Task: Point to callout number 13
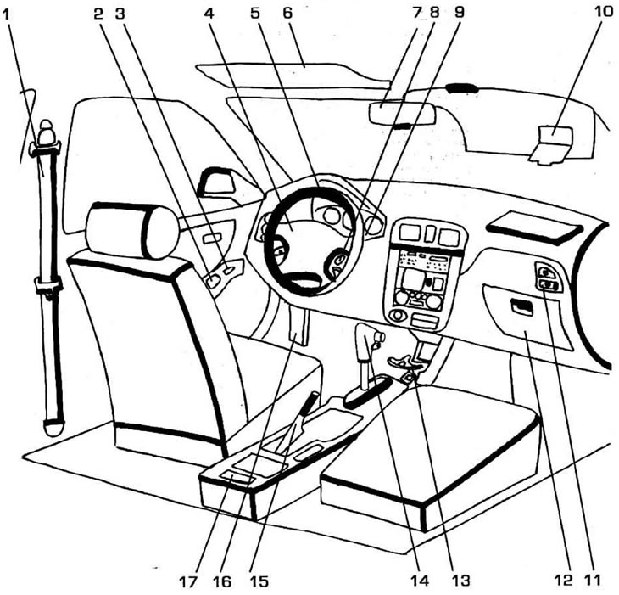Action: coord(460,581)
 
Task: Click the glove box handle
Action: coord(521,309)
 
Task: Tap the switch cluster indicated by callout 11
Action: coord(547,279)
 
